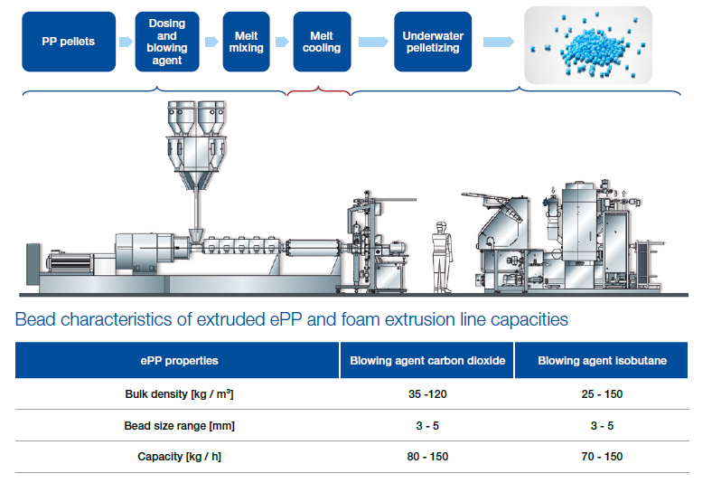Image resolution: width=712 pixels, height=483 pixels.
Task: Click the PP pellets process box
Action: pyautogui.click(x=68, y=42)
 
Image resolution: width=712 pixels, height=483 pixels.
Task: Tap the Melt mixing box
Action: pyautogui.click(x=246, y=42)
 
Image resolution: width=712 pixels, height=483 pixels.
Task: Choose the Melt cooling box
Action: pyautogui.click(x=322, y=42)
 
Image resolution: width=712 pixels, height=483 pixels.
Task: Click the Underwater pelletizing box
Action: pyautogui.click(x=432, y=42)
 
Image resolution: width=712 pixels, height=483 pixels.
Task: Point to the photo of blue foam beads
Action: pyautogui.click(x=588, y=43)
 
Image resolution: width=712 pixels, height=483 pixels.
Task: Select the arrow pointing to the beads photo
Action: pyautogui.click(x=498, y=42)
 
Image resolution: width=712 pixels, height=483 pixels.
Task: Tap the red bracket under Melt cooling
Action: pyautogui.click(x=318, y=90)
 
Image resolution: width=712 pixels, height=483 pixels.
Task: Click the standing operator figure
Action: pyautogui.click(x=441, y=255)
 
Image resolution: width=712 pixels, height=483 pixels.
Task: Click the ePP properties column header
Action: pyautogui.click(x=178, y=360)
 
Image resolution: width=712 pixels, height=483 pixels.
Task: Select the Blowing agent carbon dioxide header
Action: pyautogui.click(x=426, y=360)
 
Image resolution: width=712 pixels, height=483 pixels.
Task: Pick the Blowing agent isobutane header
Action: pyautogui.click(x=602, y=360)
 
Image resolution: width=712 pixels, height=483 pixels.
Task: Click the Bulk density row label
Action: pyautogui.click(x=178, y=394)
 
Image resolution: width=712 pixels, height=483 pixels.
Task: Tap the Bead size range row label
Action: pyautogui.click(x=178, y=425)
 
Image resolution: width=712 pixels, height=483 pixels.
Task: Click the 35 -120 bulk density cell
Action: pyautogui.click(x=426, y=394)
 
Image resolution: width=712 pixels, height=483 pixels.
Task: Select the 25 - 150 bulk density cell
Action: pyautogui.click(x=602, y=394)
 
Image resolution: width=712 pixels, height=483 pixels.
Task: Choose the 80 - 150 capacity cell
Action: pyautogui.click(x=426, y=456)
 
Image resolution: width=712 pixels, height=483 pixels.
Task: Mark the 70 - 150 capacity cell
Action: pyautogui.click(x=602, y=456)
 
